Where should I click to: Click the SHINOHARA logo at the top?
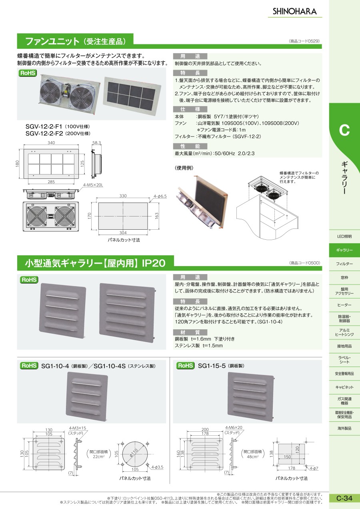point(294,11)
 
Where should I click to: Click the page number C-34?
point(344,498)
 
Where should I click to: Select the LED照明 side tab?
point(344,236)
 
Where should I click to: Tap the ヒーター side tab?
point(344,305)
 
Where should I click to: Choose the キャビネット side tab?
point(344,387)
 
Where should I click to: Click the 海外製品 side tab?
point(344,428)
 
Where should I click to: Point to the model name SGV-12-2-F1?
point(44,126)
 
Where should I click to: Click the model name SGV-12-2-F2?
point(44,133)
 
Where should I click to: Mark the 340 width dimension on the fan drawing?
point(51,143)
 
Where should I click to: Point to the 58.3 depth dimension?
point(97,143)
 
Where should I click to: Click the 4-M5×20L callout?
point(93,185)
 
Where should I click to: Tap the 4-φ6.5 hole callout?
point(160,196)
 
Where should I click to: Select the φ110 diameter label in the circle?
point(134,453)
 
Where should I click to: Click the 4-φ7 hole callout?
point(314,468)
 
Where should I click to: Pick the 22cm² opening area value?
point(98,457)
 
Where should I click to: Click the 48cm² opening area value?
point(252,457)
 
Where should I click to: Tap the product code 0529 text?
point(304,41)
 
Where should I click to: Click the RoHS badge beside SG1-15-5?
point(185,366)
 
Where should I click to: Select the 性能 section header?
point(190,146)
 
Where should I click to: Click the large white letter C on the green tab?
point(344,130)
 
